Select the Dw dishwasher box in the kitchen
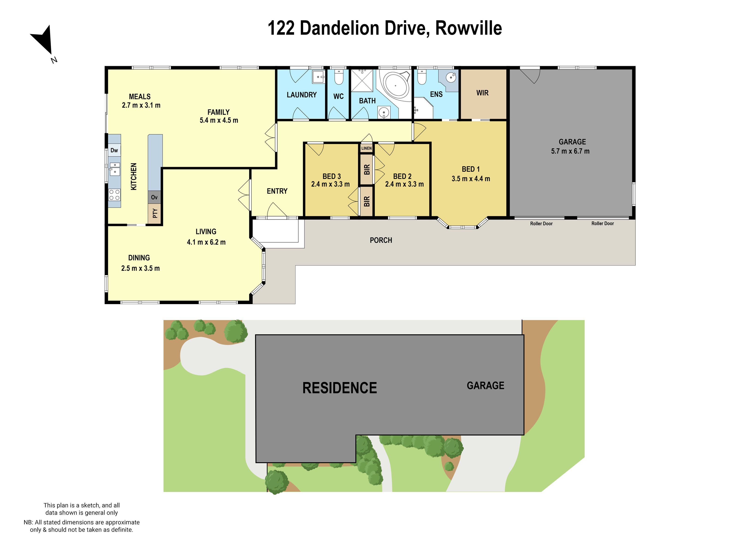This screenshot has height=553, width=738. coord(114,150)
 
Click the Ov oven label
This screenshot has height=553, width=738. coord(154,197)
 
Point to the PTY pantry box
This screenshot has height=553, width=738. coord(155,213)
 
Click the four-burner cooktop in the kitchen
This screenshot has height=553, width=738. coord(114,195)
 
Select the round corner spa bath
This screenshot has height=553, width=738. coord(396,85)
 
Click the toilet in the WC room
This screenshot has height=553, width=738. coord(339,78)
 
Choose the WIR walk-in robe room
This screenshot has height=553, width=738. coord(482,93)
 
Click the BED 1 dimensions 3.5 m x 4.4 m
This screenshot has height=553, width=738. coord(470,179)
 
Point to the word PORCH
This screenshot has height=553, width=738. coord(381,240)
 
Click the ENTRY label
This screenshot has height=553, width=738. coord(277,191)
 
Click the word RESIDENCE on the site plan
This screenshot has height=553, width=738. coord(339,388)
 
